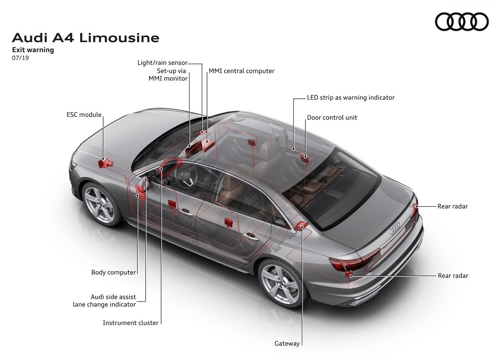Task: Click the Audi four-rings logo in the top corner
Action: [461, 21]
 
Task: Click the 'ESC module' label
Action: [84, 115]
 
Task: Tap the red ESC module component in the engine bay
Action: [105, 163]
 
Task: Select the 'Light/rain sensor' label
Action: [163, 63]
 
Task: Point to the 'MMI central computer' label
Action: [242, 71]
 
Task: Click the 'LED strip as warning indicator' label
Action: [351, 98]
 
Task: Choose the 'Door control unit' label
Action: [332, 118]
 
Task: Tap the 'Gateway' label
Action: [287, 344]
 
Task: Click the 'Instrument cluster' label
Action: [130, 323]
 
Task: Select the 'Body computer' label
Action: [113, 272]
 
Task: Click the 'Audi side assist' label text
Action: [113, 297]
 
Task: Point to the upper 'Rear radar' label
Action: [452, 206]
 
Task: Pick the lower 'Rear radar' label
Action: [453, 276]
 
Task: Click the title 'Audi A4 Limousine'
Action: [86, 38]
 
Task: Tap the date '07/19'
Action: [21, 58]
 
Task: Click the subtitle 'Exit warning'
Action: [33, 50]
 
